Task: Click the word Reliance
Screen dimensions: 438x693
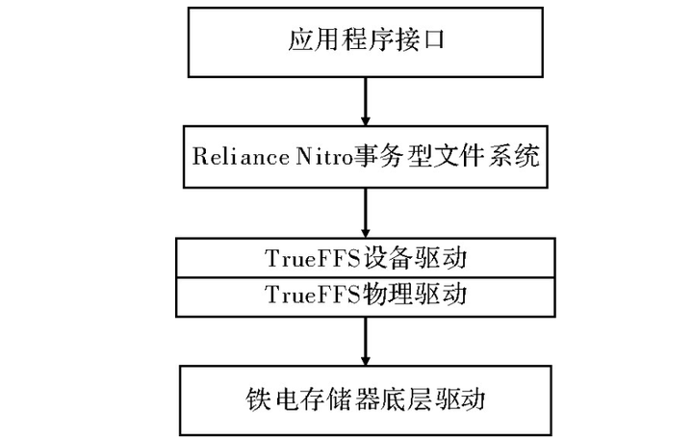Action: click(228, 154)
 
